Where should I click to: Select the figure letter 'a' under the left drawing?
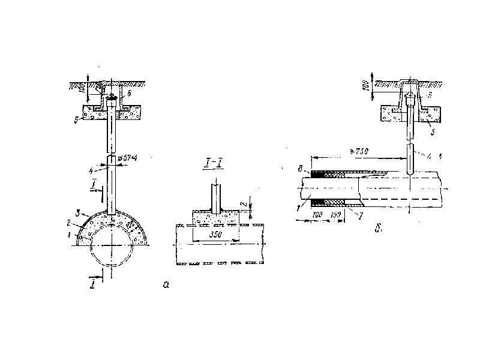tap(166, 285)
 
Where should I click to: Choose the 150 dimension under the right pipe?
tap(337, 214)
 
